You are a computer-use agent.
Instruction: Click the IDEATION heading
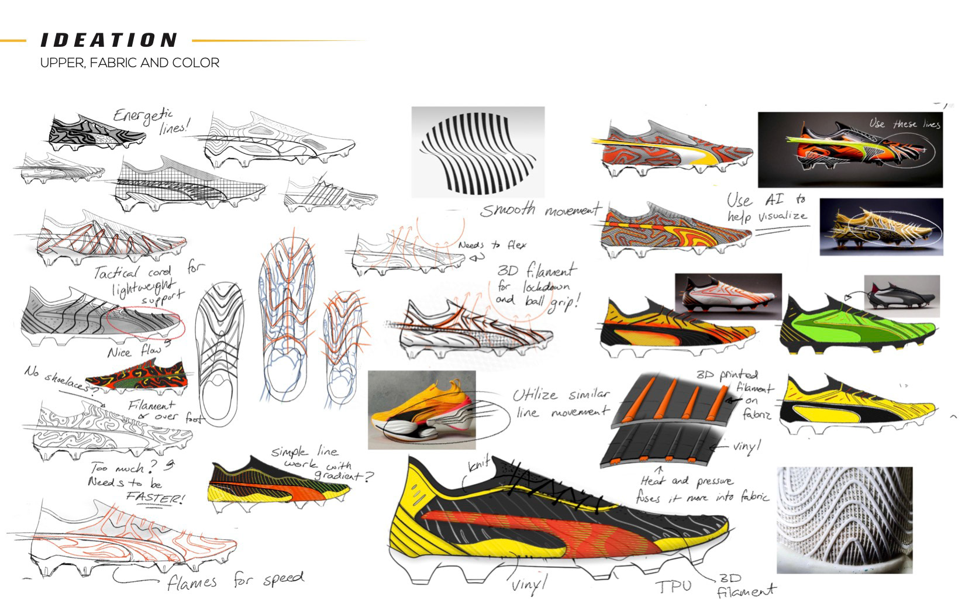click(x=109, y=40)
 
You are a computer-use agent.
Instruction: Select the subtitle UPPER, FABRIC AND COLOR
click(x=129, y=63)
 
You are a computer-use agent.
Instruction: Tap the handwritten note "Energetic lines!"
click(x=151, y=120)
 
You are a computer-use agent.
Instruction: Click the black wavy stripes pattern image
click(x=478, y=151)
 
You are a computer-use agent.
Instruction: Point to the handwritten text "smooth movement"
click(x=541, y=209)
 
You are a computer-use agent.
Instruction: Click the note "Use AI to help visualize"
click(x=767, y=208)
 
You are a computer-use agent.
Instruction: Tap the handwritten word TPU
click(x=673, y=586)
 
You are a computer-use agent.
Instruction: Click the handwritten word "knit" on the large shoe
click(x=478, y=467)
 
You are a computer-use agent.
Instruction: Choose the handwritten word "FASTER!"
click(x=155, y=499)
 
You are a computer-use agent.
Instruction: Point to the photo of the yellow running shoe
click(x=422, y=409)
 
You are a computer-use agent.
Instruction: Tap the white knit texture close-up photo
click(x=844, y=520)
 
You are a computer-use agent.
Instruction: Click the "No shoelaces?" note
click(x=58, y=379)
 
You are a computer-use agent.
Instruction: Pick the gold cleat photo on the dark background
click(x=881, y=227)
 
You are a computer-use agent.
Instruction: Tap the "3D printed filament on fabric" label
click(x=740, y=392)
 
